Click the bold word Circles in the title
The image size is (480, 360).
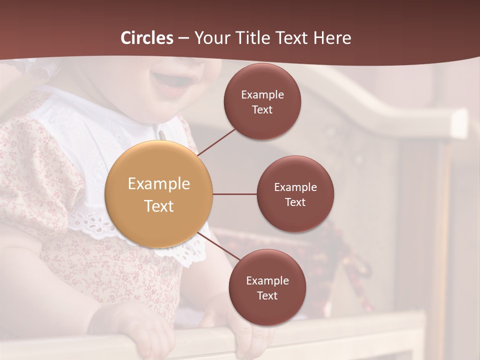click(147, 38)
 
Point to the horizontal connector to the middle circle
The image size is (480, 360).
click(234, 194)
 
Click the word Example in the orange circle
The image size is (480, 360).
click(159, 184)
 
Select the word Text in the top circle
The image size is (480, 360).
click(262, 110)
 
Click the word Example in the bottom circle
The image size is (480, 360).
click(267, 281)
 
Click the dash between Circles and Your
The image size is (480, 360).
click(183, 38)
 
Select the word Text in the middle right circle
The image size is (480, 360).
click(295, 202)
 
